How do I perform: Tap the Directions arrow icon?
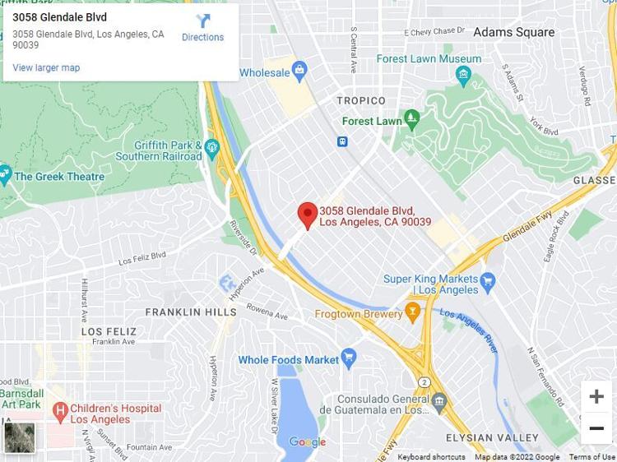(x=202, y=21)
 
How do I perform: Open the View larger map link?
(x=46, y=67)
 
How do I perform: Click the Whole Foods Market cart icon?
(x=349, y=358)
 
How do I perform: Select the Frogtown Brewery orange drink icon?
(x=413, y=312)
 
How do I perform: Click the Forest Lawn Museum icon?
(x=464, y=75)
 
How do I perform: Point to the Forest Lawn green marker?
(x=412, y=120)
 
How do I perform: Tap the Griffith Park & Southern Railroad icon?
(x=212, y=149)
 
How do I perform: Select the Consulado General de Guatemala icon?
(x=440, y=402)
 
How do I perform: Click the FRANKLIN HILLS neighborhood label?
(x=191, y=312)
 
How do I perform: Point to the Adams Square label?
(x=513, y=32)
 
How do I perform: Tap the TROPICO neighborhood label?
(x=361, y=100)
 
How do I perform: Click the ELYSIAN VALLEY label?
(x=492, y=437)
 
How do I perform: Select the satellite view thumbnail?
(x=19, y=437)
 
